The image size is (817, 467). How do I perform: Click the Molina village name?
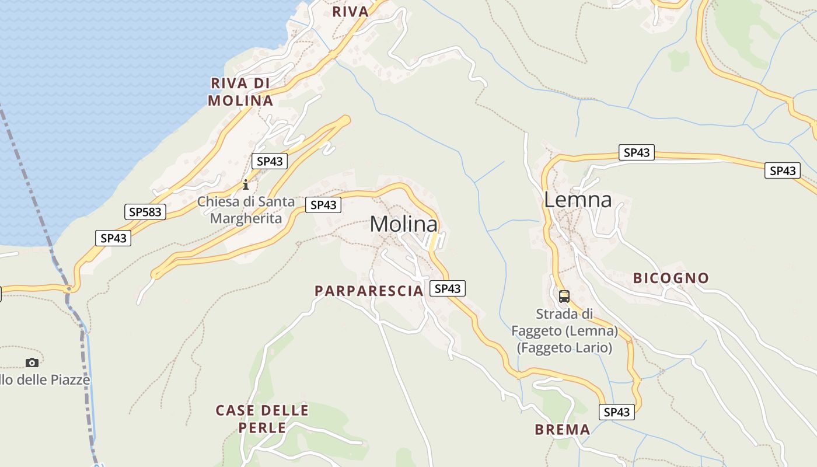(x=403, y=225)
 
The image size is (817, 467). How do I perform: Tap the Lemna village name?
(x=578, y=200)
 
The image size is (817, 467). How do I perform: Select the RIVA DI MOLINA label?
(x=240, y=92)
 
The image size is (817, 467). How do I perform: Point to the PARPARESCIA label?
(x=368, y=291)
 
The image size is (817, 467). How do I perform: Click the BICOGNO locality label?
(x=671, y=278)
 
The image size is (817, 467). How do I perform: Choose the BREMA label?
(x=563, y=430)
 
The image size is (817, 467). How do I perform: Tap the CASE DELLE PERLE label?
(x=262, y=419)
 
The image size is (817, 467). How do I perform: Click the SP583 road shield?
(x=145, y=212)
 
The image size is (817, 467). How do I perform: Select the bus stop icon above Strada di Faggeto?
(x=564, y=297)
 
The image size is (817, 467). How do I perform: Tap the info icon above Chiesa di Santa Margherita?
(x=246, y=185)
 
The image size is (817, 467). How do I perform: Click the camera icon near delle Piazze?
(x=32, y=363)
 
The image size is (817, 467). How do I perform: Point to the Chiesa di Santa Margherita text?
(x=246, y=210)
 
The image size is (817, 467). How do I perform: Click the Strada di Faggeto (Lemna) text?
(x=564, y=331)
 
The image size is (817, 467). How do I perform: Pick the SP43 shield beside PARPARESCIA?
(x=448, y=288)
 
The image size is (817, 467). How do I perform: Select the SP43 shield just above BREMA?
(x=617, y=412)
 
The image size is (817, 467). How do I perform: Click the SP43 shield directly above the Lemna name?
(x=636, y=153)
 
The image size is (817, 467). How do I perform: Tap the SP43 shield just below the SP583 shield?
(x=113, y=238)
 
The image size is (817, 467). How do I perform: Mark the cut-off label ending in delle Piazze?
(x=45, y=380)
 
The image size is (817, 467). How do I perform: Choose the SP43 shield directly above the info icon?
(x=270, y=161)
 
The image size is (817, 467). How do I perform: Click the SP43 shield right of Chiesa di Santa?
(x=323, y=205)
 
